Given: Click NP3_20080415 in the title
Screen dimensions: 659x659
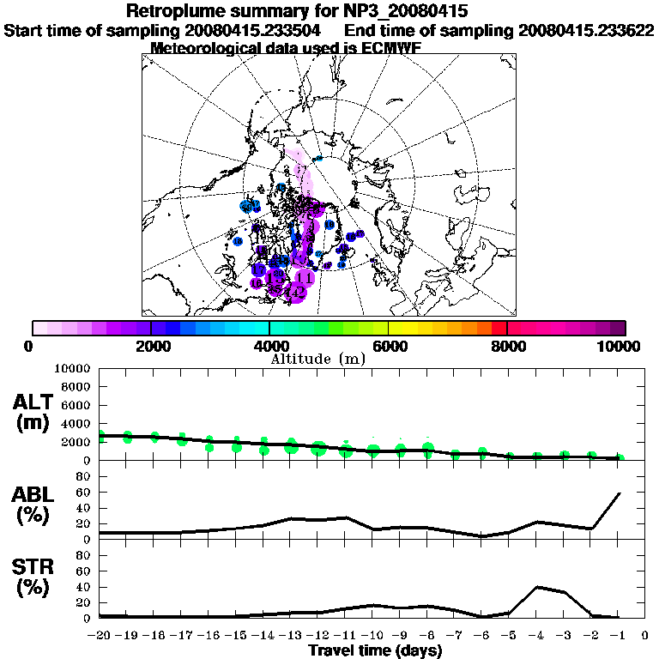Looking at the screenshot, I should pyautogui.click(x=411, y=12).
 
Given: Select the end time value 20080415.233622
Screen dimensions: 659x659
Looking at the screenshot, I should pyautogui.click(x=586, y=30).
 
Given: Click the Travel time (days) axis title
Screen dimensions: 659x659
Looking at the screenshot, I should pyautogui.click(x=376, y=651).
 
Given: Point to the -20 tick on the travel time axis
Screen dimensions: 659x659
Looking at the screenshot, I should pyautogui.click(x=100, y=636).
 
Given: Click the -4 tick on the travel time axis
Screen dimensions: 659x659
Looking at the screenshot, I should pyautogui.click(x=536, y=636).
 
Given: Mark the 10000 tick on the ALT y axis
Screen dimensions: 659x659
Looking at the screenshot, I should pyautogui.click(x=74, y=368).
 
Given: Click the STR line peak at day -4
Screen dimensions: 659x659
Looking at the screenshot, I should pyautogui.click(x=537, y=587).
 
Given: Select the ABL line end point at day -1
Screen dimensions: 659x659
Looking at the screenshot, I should pyautogui.click(x=620, y=493).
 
